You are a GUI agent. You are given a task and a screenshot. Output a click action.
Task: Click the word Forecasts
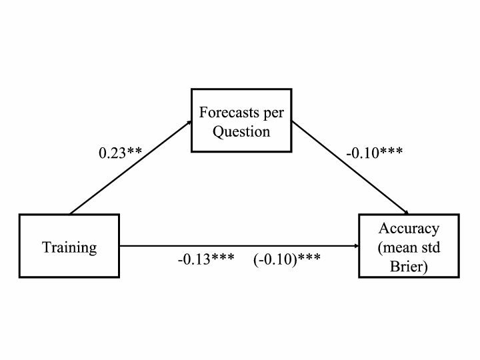point(225,113)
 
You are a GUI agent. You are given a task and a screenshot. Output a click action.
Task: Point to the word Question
point(241,132)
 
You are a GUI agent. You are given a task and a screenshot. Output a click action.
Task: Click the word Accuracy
point(409,229)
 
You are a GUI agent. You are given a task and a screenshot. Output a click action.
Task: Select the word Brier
point(409,266)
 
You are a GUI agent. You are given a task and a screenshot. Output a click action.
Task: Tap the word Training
point(69,247)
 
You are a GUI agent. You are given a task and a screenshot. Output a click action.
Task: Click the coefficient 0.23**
point(120,153)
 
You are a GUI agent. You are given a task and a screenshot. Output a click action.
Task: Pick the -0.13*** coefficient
point(206,259)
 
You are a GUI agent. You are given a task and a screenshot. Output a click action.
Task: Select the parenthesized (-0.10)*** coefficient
point(287,259)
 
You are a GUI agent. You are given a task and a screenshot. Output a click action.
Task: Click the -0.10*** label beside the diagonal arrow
point(375,153)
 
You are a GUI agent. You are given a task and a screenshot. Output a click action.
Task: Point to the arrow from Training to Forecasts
point(131,167)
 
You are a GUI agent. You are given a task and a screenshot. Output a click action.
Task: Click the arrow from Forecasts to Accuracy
point(350,167)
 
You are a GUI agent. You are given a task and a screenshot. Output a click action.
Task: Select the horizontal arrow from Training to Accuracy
point(239,246)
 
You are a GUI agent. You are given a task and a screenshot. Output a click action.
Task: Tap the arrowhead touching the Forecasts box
point(189,123)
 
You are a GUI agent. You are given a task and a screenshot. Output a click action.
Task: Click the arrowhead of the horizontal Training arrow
point(356,246)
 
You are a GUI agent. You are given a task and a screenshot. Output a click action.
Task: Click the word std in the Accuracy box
point(433,247)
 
